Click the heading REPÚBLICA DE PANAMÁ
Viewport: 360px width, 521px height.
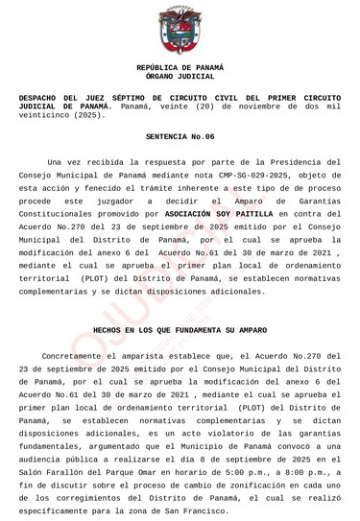[180, 67]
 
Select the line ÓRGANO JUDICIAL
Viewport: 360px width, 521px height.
[180, 76]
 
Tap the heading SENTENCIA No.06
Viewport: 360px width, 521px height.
[180, 136]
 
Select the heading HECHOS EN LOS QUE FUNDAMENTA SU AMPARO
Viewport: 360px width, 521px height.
[180, 328]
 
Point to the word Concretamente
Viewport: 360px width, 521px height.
[75, 354]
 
